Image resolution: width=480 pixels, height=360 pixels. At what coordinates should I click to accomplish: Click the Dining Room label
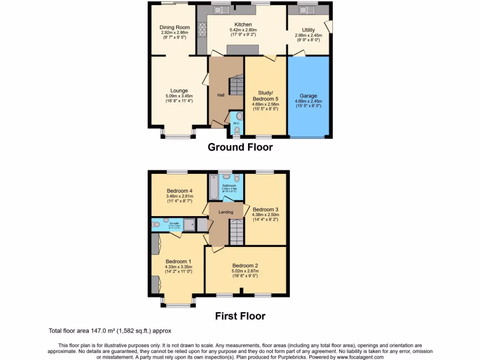[x=174, y=27]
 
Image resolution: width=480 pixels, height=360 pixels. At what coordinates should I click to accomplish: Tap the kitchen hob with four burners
[x=203, y=30]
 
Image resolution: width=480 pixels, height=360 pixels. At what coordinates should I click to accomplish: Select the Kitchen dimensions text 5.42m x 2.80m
[x=243, y=30]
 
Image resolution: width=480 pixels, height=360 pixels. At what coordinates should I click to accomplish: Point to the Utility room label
[x=308, y=30]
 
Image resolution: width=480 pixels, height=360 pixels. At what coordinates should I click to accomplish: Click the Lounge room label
[x=179, y=90]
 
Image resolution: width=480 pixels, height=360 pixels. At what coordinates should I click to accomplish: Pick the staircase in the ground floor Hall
[x=236, y=86]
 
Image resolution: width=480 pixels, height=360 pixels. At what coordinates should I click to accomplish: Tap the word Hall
[x=221, y=95]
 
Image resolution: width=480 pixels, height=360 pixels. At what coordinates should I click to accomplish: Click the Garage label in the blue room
[x=308, y=96]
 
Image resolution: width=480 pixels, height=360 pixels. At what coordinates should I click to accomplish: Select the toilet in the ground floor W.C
[x=237, y=130]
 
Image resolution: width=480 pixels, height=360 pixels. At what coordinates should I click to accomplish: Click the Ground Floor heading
[x=240, y=147]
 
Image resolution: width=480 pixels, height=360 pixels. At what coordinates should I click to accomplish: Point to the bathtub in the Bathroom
[x=214, y=187]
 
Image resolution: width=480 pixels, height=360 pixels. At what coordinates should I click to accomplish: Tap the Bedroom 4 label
[x=180, y=191]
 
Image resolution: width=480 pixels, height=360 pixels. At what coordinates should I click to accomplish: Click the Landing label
[x=226, y=212]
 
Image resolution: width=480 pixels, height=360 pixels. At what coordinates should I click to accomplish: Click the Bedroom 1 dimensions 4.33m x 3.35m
[x=178, y=267]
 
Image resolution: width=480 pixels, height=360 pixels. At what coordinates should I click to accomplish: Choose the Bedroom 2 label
[x=245, y=265]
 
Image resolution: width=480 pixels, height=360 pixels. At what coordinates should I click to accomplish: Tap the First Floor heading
[x=240, y=316]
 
